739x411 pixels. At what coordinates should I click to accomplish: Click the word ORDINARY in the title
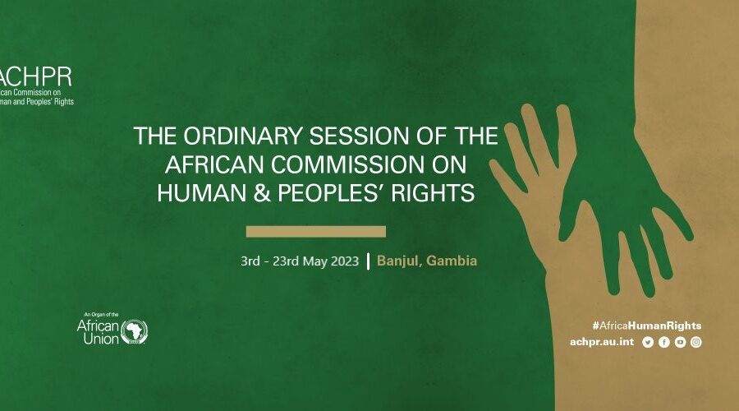pyautogui.click(x=242, y=136)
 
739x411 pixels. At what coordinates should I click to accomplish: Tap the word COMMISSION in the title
pyautogui.click(x=348, y=164)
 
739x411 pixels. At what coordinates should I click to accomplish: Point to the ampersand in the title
pyautogui.click(x=262, y=193)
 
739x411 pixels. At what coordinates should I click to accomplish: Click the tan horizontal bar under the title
pyautogui.click(x=316, y=231)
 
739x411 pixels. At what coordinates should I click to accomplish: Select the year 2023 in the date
pyautogui.click(x=345, y=261)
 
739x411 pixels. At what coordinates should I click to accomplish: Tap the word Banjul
pyautogui.click(x=397, y=261)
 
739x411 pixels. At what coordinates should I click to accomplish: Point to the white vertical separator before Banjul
pyautogui.click(x=368, y=261)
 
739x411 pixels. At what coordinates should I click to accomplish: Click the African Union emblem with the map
pyautogui.click(x=135, y=332)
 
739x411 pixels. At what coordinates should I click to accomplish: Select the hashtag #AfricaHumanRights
pyautogui.click(x=647, y=326)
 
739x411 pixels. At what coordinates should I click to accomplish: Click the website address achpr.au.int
pyautogui.click(x=602, y=342)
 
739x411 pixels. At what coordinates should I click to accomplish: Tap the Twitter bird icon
pyautogui.click(x=648, y=342)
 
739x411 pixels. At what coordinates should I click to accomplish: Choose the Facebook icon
pyautogui.click(x=664, y=342)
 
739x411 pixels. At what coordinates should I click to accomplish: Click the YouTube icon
pyautogui.click(x=680, y=342)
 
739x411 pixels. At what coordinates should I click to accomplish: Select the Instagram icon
pyautogui.click(x=696, y=342)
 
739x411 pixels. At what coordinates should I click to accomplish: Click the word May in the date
pyautogui.click(x=314, y=261)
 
